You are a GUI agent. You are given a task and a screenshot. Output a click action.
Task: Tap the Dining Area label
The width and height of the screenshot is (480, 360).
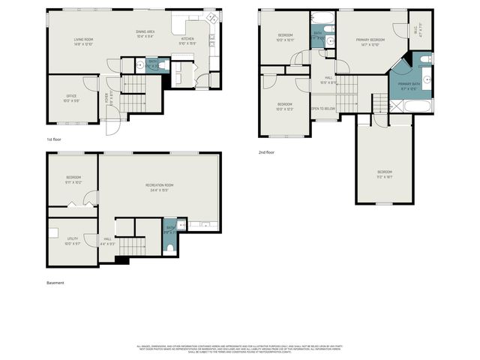click(x=145, y=34)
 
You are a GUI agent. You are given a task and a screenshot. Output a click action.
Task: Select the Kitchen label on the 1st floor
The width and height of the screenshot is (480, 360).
click(x=187, y=40)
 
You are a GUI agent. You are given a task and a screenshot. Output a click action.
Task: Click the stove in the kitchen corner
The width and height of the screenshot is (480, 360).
click(x=212, y=18)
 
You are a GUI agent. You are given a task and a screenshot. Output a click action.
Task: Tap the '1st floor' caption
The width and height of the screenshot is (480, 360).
click(x=55, y=139)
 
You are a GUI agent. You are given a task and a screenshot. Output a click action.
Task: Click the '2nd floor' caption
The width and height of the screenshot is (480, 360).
click(x=266, y=152)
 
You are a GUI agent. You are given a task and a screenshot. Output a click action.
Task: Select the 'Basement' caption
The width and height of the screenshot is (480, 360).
click(x=55, y=283)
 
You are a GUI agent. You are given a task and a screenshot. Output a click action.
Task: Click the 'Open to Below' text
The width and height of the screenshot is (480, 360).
click(x=323, y=108)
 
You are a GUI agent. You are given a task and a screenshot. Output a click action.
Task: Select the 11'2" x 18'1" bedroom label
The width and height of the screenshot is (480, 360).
click(x=384, y=173)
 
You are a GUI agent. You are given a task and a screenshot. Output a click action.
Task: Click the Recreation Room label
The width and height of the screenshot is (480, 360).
click(x=159, y=187)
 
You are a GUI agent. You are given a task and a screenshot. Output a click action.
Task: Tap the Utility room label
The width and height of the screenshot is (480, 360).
click(x=71, y=241)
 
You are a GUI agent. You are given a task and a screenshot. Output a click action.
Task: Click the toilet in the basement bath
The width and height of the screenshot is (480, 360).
click(x=172, y=247)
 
